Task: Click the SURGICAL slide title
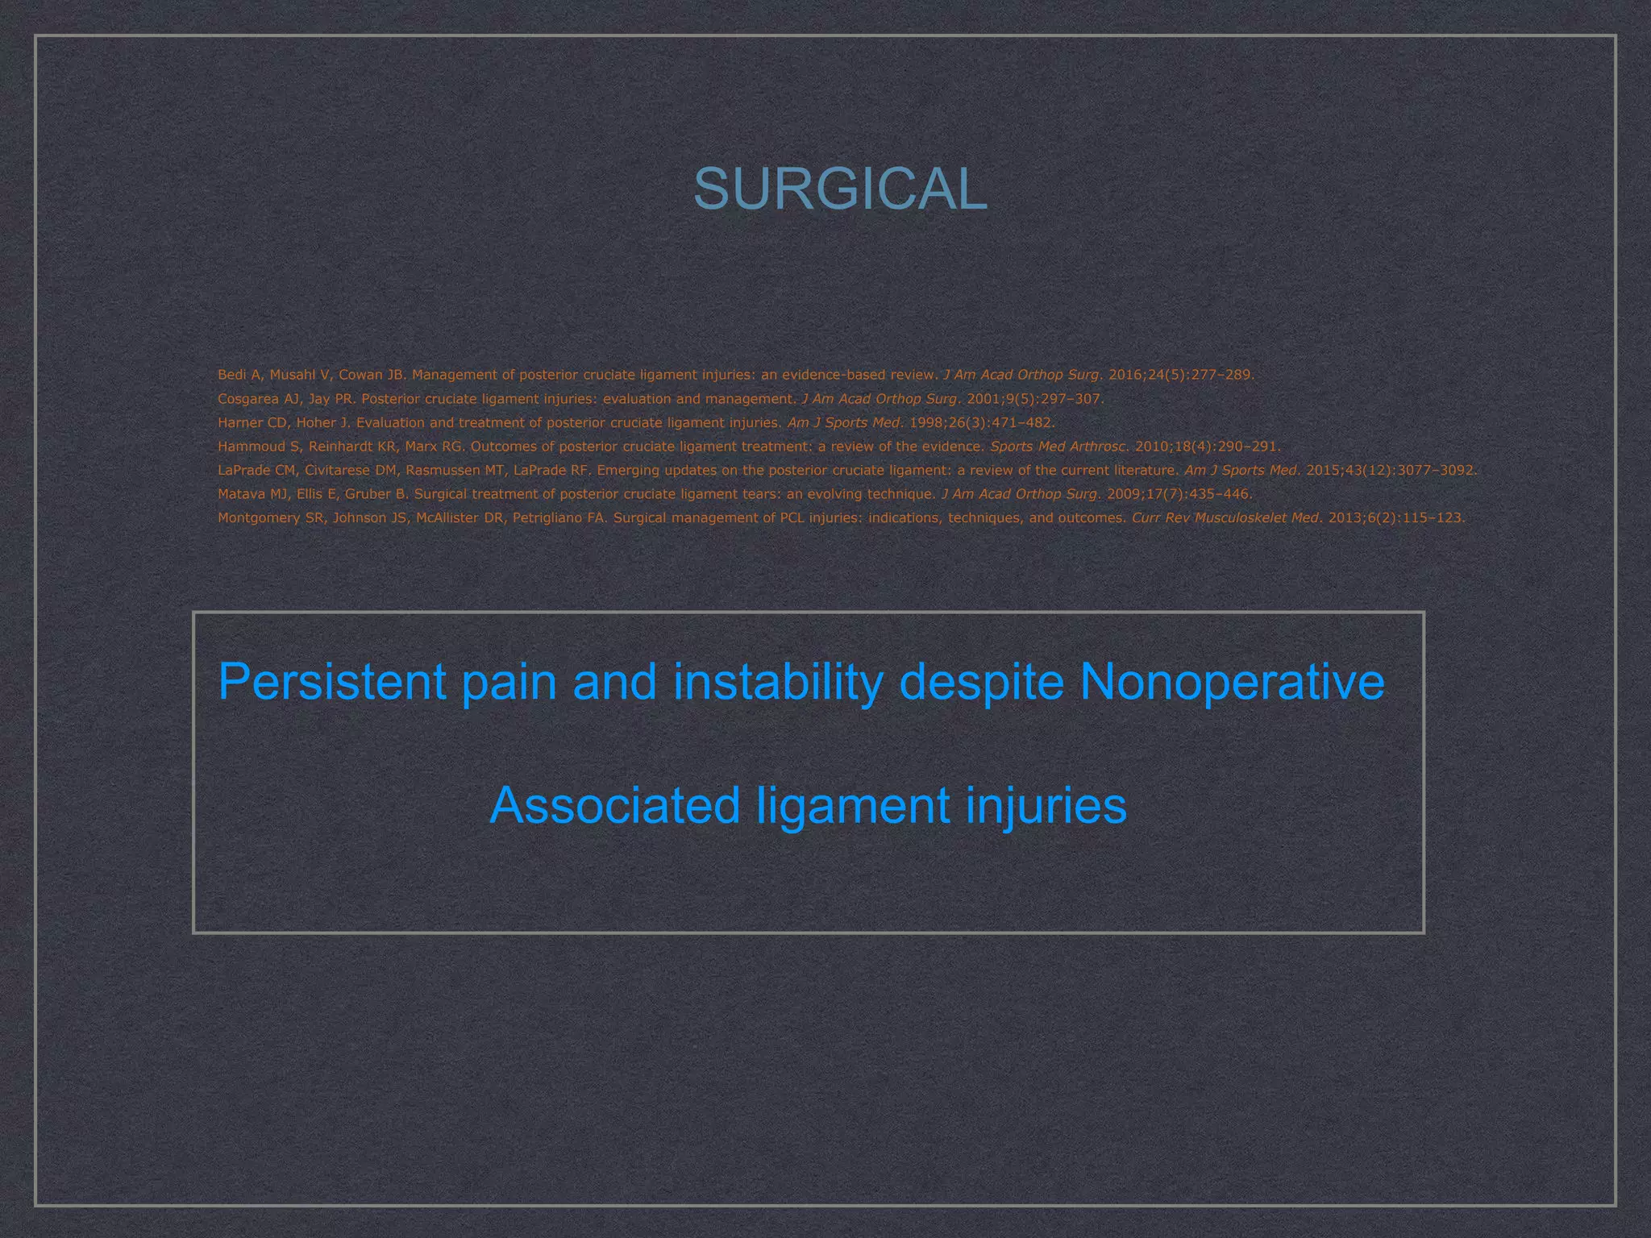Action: click(x=840, y=190)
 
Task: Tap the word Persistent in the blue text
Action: click(x=331, y=682)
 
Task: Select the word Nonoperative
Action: click(x=1231, y=682)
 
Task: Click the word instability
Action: click(x=777, y=682)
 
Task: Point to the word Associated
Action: click(x=614, y=805)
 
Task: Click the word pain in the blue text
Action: click(x=509, y=682)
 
